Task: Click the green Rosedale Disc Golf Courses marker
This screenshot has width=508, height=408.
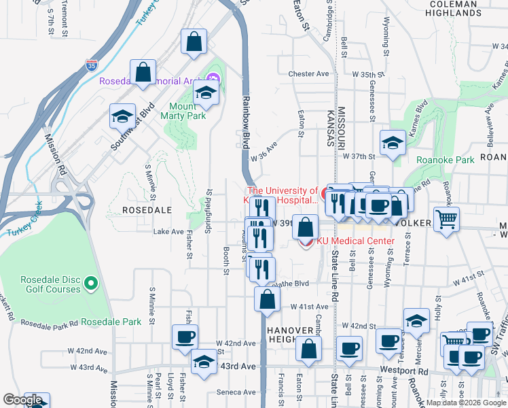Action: [x=93, y=283]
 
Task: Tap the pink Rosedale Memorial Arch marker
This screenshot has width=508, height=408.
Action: [x=212, y=80]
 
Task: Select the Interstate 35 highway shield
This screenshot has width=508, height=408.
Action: [x=92, y=65]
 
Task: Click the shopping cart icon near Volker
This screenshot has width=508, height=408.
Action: [x=447, y=218]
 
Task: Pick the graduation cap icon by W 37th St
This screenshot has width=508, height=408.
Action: [x=393, y=143]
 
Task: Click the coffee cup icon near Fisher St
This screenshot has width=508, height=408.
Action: [x=185, y=337]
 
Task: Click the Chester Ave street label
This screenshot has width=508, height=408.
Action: [x=308, y=73]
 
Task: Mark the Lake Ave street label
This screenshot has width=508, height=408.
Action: [x=168, y=231]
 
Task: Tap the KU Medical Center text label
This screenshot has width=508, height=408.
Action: [x=355, y=241]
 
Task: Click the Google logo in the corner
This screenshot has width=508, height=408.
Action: [x=22, y=401]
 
